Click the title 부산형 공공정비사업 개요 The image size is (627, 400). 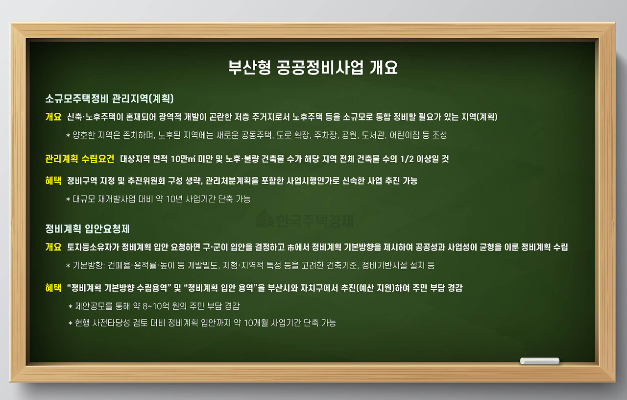tap(313, 67)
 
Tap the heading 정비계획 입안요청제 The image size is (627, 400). tap(87, 229)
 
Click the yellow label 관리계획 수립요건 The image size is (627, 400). tap(80, 159)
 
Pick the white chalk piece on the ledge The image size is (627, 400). tap(539, 361)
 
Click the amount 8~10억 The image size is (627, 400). tap(151, 306)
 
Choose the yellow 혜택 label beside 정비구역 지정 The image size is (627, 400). tap(53, 181)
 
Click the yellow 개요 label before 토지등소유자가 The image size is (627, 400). tap(53, 247)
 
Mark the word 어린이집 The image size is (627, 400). tap(402, 135)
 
